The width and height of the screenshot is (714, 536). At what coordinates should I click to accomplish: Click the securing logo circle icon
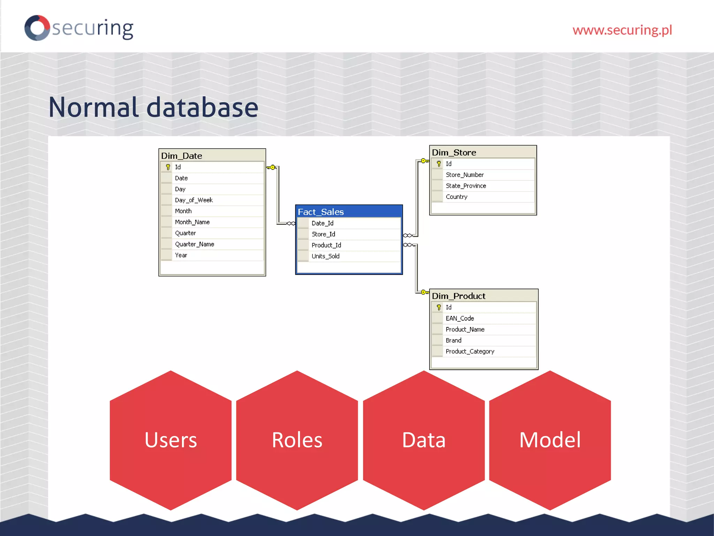point(37,28)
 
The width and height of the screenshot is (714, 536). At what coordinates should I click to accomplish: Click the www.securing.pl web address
point(622,30)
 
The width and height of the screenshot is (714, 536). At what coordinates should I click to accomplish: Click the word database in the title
point(202,107)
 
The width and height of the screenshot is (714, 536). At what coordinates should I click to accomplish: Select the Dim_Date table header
point(181,156)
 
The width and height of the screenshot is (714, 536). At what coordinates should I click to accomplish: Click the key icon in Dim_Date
point(168,167)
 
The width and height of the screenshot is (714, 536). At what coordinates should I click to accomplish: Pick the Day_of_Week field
point(193,200)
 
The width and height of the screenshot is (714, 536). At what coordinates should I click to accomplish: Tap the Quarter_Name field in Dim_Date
point(194,244)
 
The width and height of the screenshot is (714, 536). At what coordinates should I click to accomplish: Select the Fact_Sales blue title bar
point(349,212)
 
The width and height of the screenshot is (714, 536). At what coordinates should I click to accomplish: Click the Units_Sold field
point(325,256)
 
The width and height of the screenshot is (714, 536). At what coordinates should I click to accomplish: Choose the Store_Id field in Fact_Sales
point(323,234)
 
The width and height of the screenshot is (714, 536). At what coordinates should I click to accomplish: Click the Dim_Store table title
point(454,152)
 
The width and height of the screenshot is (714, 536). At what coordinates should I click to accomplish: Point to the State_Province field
point(466,186)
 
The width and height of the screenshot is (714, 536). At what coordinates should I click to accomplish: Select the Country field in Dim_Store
point(456,197)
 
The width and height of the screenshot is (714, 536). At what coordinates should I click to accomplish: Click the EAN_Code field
point(459,318)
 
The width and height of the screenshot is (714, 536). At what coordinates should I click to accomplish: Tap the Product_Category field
point(470,351)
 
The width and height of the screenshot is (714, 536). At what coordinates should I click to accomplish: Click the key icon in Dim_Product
point(439,307)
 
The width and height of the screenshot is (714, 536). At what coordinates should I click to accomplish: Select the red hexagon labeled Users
point(170,440)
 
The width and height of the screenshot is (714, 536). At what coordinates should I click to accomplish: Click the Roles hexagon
point(297,440)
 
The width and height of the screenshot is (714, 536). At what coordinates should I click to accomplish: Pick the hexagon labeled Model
point(550,440)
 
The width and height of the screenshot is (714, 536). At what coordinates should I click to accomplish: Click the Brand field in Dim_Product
point(453,340)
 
